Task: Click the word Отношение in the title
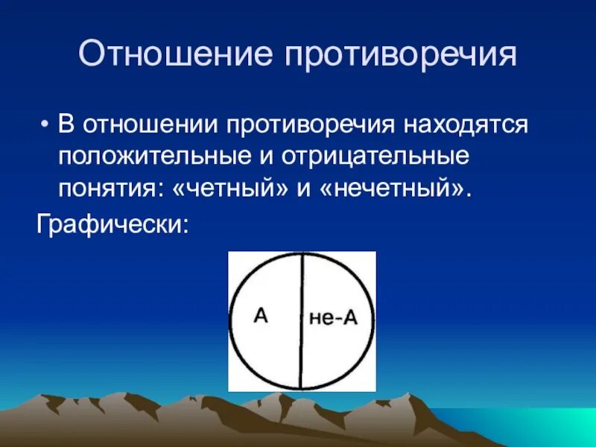165,56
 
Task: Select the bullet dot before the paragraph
46,124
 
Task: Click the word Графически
107,223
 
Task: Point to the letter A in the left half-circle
261,315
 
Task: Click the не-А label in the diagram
333,319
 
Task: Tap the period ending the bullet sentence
469,192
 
